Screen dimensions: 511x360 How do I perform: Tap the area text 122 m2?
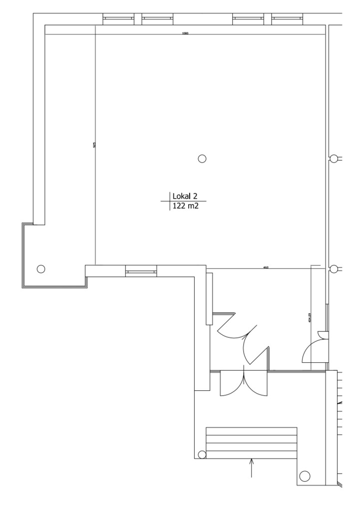coord(185,206)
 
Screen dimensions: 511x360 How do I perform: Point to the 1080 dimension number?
coord(185,33)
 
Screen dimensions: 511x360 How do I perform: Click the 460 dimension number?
coord(266,268)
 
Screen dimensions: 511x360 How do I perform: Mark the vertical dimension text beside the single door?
coord(310,318)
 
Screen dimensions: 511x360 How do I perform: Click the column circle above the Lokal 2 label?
coord(202,159)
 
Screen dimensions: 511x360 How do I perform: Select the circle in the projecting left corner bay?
coord(41,268)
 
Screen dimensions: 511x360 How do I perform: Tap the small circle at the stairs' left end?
coord(202,455)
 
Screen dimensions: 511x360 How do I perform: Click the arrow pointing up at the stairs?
coord(252,468)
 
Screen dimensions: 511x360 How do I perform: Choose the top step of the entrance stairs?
coord(252,431)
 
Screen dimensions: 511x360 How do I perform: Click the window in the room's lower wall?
coord(140,272)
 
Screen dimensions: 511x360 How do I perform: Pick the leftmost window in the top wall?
coord(118,19)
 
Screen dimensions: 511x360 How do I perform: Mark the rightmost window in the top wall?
coord(288,19)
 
